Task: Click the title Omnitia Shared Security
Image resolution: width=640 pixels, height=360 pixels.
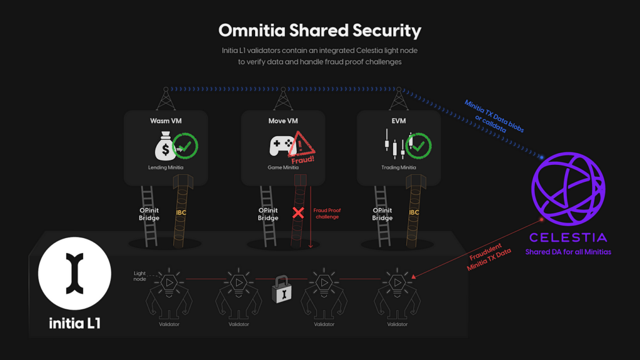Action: tap(319, 30)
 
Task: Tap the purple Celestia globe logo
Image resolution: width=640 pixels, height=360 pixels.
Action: tap(568, 189)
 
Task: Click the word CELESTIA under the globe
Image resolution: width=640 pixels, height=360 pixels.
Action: tap(568, 237)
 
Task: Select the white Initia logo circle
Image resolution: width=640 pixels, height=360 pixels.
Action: tap(75, 274)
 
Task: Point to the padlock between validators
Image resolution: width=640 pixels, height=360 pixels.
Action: tap(282, 289)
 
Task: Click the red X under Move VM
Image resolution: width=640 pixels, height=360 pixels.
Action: tap(298, 212)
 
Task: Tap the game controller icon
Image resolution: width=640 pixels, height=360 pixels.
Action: tap(281, 145)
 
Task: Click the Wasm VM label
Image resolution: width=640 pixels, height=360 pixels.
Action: tap(166, 121)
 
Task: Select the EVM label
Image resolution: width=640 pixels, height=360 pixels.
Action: tap(399, 121)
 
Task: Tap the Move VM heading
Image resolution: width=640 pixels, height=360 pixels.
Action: tap(283, 121)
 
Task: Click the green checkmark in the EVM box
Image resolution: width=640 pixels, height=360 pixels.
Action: tap(418, 146)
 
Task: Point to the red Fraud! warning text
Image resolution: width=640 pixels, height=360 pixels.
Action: tap(303, 160)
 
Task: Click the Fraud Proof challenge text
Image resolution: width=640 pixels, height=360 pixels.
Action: tap(327, 214)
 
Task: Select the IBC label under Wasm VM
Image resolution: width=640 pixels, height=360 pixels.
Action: tap(181, 212)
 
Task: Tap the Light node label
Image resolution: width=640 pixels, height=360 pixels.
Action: tap(140, 276)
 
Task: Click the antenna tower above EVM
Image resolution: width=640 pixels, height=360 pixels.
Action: tap(399, 99)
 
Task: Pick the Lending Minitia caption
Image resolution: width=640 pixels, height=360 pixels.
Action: tap(166, 167)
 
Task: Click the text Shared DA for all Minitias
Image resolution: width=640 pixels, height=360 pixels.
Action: tap(568, 252)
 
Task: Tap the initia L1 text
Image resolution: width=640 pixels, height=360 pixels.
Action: tap(75, 323)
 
